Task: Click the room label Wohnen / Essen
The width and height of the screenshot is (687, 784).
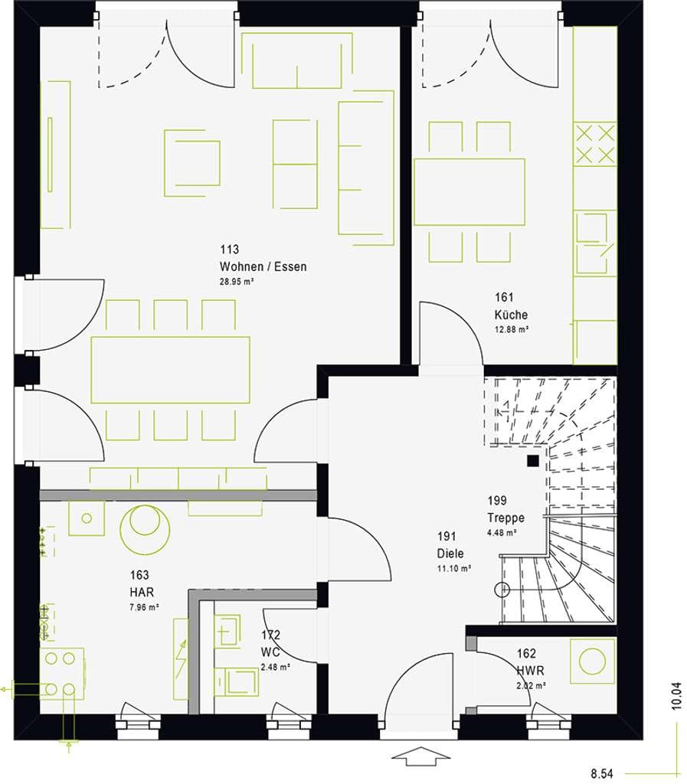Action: click(x=263, y=266)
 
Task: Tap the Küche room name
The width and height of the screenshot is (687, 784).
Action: click(x=511, y=315)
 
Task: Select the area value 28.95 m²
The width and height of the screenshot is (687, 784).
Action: click(x=237, y=282)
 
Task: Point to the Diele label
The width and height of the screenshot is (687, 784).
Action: click(x=450, y=554)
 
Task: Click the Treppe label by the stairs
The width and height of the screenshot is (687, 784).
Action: click(x=506, y=518)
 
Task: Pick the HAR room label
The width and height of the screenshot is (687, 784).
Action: click(x=142, y=593)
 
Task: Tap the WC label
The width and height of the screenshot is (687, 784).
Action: click(x=270, y=652)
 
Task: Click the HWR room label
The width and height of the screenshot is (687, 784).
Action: click(x=530, y=671)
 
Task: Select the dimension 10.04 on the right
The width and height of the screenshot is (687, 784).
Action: click(x=676, y=695)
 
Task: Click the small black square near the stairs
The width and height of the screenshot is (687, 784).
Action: click(x=532, y=461)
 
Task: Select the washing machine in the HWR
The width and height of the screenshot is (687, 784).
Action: click(x=593, y=661)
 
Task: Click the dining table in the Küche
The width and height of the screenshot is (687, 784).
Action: click(x=469, y=192)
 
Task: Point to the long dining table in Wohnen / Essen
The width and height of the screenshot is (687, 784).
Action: click(x=171, y=370)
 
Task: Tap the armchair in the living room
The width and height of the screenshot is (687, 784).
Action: click(x=192, y=163)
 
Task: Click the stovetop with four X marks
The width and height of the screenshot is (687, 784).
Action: click(x=595, y=145)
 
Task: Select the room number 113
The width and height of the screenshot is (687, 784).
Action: click(x=230, y=249)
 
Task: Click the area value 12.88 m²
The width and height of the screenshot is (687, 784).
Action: click(x=512, y=329)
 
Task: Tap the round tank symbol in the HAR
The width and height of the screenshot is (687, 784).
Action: click(x=145, y=529)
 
